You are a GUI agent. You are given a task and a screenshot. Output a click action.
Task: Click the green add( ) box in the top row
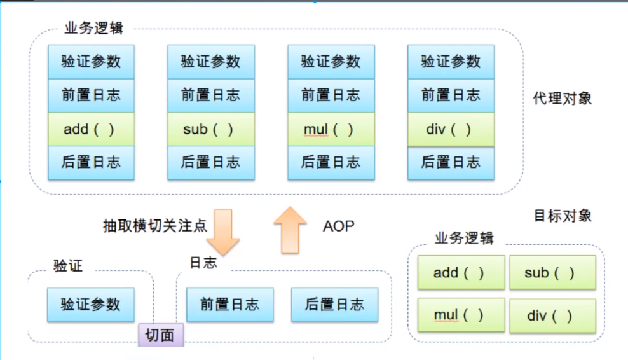click(91, 129)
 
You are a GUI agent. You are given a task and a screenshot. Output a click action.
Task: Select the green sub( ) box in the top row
click(211, 129)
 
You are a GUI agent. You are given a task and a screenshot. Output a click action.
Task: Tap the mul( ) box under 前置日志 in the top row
click(331, 130)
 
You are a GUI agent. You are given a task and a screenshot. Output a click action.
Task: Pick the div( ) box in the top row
click(451, 130)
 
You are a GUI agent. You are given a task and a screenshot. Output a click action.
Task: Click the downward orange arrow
click(223, 231)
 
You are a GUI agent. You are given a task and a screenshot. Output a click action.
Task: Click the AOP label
click(338, 226)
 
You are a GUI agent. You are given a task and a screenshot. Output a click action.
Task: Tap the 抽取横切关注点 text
click(155, 226)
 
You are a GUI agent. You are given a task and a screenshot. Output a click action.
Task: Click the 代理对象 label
click(562, 99)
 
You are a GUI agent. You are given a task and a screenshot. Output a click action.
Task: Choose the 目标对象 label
click(562, 216)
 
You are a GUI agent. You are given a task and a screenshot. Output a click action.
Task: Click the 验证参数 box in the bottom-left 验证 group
click(91, 304)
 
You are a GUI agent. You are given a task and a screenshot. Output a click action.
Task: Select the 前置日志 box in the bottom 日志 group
click(229, 304)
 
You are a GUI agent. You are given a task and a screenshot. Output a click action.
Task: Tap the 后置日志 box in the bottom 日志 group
click(334, 304)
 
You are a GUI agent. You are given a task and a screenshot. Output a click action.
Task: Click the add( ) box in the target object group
click(461, 273)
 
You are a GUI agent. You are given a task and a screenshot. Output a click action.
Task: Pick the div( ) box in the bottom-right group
click(552, 315)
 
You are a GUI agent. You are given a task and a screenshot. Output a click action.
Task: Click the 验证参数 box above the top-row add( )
click(91, 61)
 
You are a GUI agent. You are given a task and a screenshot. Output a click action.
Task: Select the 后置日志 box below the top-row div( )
click(451, 162)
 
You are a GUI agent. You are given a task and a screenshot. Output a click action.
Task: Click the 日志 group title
click(203, 263)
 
